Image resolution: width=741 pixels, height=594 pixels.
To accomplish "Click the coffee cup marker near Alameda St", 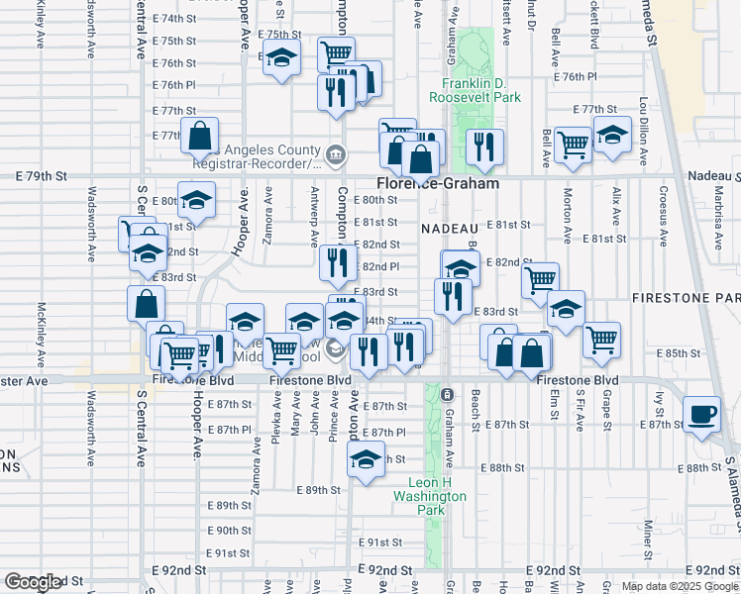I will [x=702, y=412].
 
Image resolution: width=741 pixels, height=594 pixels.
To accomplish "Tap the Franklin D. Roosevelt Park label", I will [x=475, y=91].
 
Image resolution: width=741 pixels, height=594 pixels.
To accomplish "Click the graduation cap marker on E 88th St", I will [x=366, y=459].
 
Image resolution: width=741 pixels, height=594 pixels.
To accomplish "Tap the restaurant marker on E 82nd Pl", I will [x=337, y=262].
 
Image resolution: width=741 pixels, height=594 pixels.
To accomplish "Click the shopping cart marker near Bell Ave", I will [x=573, y=144].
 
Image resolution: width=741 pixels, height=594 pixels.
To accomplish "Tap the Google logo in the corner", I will [x=33, y=582].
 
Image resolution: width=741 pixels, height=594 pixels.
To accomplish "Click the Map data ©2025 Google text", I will [x=680, y=586].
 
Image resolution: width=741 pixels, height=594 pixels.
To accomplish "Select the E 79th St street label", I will [x=41, y=175].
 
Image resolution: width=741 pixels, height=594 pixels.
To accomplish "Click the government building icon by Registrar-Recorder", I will [x=335, y=153].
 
